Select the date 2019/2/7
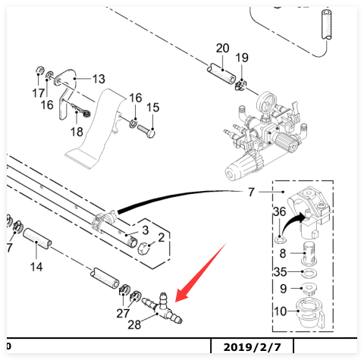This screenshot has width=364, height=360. [252, 347]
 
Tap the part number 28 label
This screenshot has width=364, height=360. [134, 325]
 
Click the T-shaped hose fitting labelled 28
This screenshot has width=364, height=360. [162, 308]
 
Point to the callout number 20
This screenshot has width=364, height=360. [222, 48]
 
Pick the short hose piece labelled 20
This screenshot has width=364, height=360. [221, 74]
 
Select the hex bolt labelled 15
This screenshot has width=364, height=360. [146, 131]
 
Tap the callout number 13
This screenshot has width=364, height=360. [99, 79]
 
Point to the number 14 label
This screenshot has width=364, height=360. [36, 267]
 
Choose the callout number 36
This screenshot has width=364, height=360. [279, 211]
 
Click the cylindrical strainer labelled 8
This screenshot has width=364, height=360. [309, 253]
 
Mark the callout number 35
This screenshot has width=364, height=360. [280, 272]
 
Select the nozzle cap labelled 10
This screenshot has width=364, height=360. [310, 313]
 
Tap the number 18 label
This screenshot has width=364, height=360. [77, 132]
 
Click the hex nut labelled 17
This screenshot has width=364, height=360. [39, 70]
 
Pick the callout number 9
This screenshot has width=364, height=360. [284, 289]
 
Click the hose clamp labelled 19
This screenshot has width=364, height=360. [240, 85]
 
